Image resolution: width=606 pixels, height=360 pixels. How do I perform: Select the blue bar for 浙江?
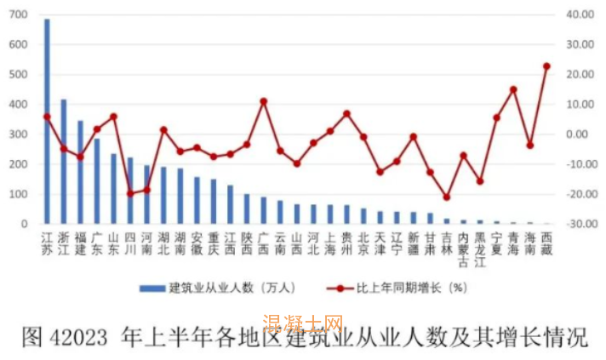coord(64,162)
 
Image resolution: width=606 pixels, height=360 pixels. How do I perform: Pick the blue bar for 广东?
coord(97,181)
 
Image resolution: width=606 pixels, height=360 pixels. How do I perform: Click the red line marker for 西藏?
coord(546,66)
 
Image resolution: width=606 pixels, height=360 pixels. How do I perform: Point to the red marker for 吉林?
coord(446,197)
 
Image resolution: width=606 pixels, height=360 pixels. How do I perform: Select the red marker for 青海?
coord(513,89)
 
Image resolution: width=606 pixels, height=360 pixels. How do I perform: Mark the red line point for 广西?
coord(264,101)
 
